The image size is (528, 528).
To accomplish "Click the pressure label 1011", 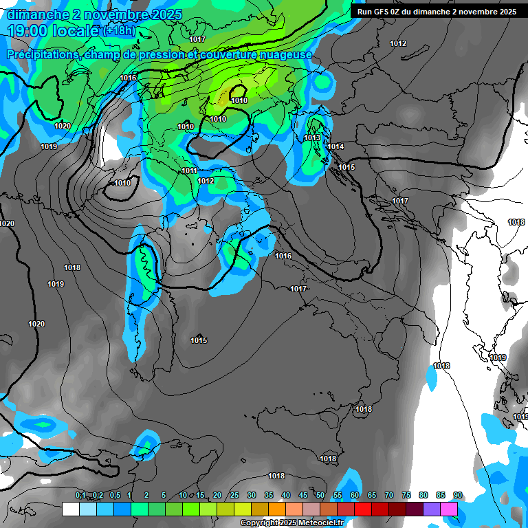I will [190, 170].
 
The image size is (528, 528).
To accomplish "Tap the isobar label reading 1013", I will [312, 138].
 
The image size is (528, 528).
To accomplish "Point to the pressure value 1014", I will [335, 147].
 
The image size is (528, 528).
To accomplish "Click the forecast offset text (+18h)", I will [120, 31].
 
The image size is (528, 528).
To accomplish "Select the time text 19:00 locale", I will [52, 32].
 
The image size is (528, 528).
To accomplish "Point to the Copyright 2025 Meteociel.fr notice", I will [291, 523].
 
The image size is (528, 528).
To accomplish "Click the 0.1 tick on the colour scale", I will [80, 495].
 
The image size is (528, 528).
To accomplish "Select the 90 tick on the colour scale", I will [458, 495].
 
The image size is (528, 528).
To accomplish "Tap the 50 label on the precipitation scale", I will [320, 495].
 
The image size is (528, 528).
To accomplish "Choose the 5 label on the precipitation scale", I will [164, 495].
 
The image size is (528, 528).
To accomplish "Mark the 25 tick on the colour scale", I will [234, 495].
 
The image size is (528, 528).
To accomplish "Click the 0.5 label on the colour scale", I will [114, 495].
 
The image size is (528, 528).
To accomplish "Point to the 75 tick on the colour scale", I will [406, 495].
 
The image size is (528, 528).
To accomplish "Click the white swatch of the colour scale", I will [70, 509].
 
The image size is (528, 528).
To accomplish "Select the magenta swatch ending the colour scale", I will [449, 509].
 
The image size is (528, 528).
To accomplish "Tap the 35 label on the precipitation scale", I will [269, 495].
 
